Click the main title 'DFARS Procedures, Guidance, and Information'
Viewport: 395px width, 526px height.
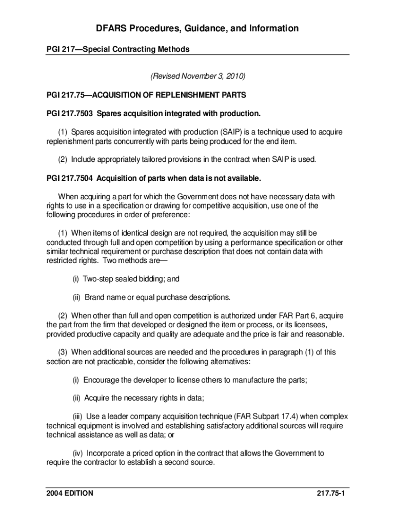tap(197, 28)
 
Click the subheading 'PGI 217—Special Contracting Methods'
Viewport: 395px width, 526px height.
tap(118, 49)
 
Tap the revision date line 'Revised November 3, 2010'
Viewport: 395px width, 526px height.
tap(197, 77)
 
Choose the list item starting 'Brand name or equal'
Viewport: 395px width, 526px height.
tap(151, 297)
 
